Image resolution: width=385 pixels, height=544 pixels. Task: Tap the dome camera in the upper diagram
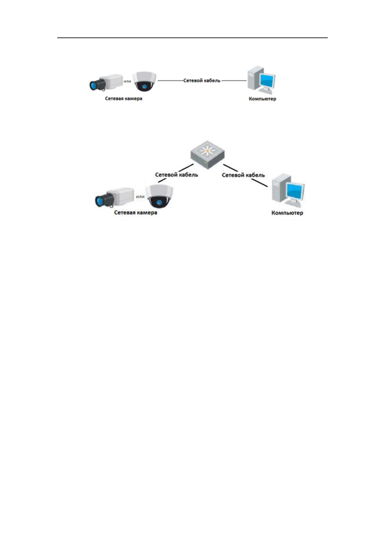144,81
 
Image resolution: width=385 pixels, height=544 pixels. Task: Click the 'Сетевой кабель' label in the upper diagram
202,80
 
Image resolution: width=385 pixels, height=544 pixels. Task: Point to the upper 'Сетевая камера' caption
123,99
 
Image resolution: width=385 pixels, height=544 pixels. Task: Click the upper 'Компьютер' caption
262,99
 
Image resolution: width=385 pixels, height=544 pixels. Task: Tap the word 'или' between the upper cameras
127,81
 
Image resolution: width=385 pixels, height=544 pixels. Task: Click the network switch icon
207,155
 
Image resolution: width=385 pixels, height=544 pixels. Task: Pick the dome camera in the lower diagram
159,197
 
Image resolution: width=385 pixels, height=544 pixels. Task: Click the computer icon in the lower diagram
288,191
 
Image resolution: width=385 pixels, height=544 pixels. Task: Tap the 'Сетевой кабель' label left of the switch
176,175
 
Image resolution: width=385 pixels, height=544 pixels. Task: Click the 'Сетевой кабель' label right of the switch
243,175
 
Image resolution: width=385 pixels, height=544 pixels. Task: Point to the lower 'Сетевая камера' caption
135,213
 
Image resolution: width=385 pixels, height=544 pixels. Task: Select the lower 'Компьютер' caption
287,213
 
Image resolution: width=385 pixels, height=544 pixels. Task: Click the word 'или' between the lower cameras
140,196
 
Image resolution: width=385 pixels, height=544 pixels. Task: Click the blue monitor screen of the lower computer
295,191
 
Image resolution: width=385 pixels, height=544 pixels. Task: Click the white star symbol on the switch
207,151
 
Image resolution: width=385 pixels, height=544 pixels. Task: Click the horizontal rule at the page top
192,38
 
